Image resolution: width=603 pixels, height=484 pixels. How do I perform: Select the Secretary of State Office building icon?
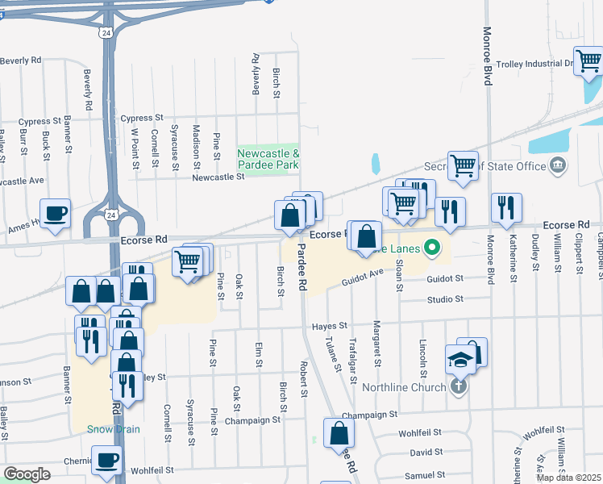pos(557,166)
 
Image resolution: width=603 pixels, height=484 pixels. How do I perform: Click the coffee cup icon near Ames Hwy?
pos(55,213)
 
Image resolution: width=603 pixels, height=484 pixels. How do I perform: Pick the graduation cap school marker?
pos(460,359)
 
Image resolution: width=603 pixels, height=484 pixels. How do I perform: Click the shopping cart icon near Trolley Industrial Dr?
pos(588,60)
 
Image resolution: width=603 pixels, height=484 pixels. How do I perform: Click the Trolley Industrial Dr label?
pos(534,63)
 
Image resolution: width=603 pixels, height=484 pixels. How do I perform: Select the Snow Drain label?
pos(114,429)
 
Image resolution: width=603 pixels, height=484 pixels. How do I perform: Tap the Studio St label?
pos(447,299)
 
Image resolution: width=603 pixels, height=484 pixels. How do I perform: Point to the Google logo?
pos(27,474)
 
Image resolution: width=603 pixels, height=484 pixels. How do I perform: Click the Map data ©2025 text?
pos(568,478)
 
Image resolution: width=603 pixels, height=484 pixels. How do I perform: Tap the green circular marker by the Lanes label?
pos(432,248)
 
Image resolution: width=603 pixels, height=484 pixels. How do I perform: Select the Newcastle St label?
pos(218,177)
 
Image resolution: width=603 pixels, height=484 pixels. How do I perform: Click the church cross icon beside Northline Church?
pos(458,386)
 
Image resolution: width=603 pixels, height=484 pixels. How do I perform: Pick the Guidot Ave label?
pos(363,278)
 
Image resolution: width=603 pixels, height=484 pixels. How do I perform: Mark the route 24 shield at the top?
pos(106,32)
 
